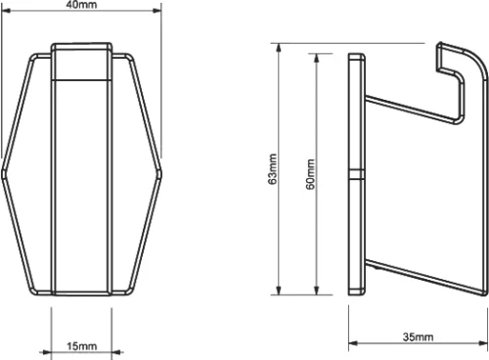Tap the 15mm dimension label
coord(81,346)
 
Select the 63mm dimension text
coord(273,169)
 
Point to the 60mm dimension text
coord(310,174)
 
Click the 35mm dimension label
coord(419,337)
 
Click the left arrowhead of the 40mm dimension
coord(6,11)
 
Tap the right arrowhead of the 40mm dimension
coord(157,11)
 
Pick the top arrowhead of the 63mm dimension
coord(279,48)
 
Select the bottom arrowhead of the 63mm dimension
coord(279,291)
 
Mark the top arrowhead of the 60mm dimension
coord(316,58)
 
